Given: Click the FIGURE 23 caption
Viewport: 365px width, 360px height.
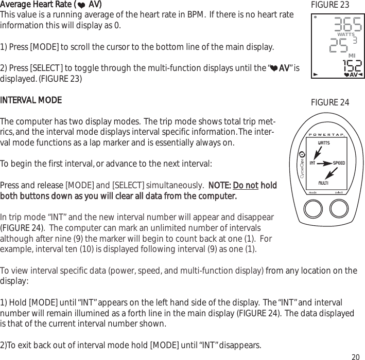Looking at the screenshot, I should point(330,5).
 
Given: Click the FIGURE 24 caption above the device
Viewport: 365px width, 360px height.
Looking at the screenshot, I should point(330,103).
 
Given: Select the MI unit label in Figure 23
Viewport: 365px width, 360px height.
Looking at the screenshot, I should point(352,55).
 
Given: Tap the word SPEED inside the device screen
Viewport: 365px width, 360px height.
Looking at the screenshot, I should point(338,163).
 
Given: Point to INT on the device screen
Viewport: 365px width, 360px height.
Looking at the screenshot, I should point(312,164).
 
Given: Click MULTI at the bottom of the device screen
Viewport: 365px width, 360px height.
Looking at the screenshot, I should point(324,183).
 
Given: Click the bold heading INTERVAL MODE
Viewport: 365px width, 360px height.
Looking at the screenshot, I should point(31,99).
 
